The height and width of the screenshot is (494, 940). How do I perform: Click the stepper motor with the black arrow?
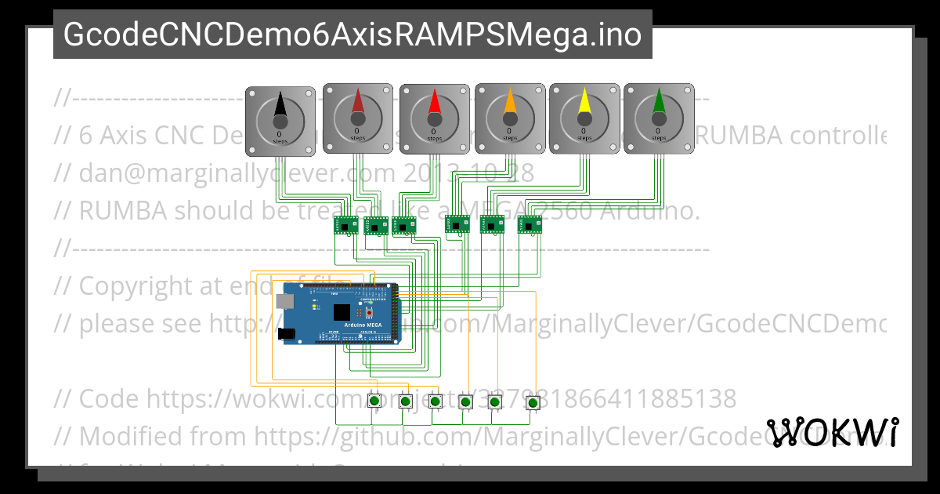pos(280,119)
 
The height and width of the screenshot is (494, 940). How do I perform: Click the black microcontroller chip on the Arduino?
pos(342,313)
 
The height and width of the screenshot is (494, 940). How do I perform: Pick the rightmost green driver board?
pos(530,225)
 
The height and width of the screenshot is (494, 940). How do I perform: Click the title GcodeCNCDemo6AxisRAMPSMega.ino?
pos(352,35)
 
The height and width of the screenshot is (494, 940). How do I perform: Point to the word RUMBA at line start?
pos(122,210)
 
